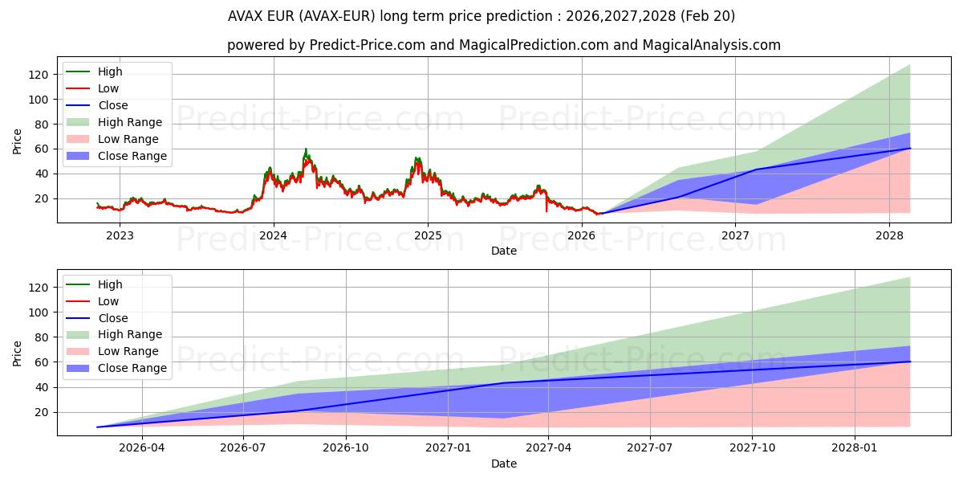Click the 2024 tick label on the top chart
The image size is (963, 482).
tap(274, 235)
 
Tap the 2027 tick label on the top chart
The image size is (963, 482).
tap(735, 235)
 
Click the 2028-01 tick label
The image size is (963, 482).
tap(855, 448)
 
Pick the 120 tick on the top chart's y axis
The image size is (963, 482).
tap(39, 75)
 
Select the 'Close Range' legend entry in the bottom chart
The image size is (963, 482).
tap(132, 368)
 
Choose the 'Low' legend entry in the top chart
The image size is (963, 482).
tap(109, 88)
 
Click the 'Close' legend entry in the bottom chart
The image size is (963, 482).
tap(113, 318)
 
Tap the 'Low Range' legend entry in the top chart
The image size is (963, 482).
tap(128, 139)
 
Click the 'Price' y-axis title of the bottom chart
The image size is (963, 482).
tap(18, 353)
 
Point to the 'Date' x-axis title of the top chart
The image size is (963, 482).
tap(503, 251)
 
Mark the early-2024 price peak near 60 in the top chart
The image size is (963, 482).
tap(306, 149)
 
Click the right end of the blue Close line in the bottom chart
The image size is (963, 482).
tap(909, 361)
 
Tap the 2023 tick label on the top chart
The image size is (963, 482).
tap(120, 235)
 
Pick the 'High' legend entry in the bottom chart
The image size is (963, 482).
tap(109, 284)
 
